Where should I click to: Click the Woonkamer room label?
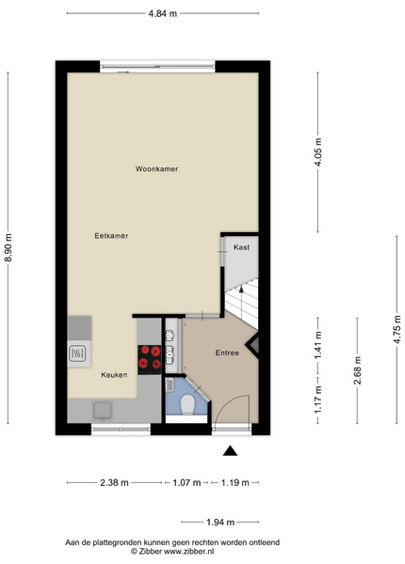[156, 168]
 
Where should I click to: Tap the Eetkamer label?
[111, 236]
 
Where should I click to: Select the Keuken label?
[114, 375]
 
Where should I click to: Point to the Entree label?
[227, 352]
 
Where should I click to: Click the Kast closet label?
[241, 247]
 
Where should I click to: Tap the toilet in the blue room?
[187, 404]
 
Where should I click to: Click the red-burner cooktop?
[150, 359]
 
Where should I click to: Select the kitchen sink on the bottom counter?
[103, 411]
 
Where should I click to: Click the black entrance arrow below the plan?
[230, 451]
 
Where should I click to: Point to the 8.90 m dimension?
[8, 248]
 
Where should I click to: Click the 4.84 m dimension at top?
[163, 14]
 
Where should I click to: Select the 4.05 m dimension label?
[317, 151]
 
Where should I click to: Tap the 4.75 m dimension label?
[397, 330]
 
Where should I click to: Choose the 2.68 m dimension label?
[358, 370]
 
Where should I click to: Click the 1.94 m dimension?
[220, 522]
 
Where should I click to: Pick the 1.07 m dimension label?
[186, 482]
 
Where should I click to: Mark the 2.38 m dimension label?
[114, 482]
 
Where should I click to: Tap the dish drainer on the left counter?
[77, 353]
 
